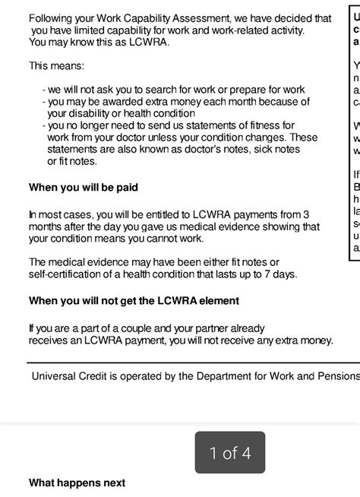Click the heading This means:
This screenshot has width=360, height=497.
coord(57,66)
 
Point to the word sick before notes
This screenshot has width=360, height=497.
coord(243,149)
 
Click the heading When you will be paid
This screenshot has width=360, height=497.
coord(84,187)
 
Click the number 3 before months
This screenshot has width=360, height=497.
coord(306,215)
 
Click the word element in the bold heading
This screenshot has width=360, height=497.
coord(219,301)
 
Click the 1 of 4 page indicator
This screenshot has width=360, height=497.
coord(230,454)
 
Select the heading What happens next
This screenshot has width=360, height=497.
coord(77,483)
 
